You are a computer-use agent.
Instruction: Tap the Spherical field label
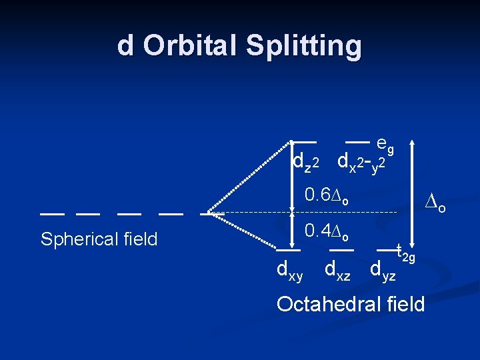tap(99, 239)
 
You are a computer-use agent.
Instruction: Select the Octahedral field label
tap(350, 304)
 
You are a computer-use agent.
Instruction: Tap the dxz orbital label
tap(337, 270)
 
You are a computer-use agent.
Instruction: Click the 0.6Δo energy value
tap(326, 195)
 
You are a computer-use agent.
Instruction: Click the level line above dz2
tap(303, 142)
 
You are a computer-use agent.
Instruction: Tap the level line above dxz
tap(341, 250)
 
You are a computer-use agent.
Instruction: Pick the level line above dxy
tap(288, 250)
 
